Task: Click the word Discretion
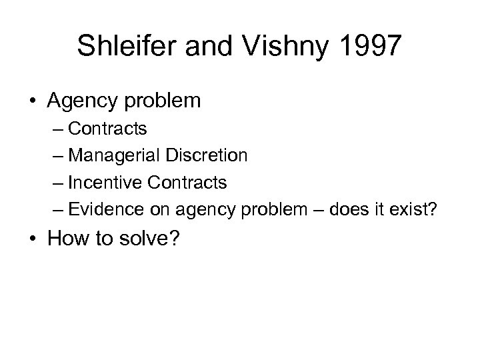207,156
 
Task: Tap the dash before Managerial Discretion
55,157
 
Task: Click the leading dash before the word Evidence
55,209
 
